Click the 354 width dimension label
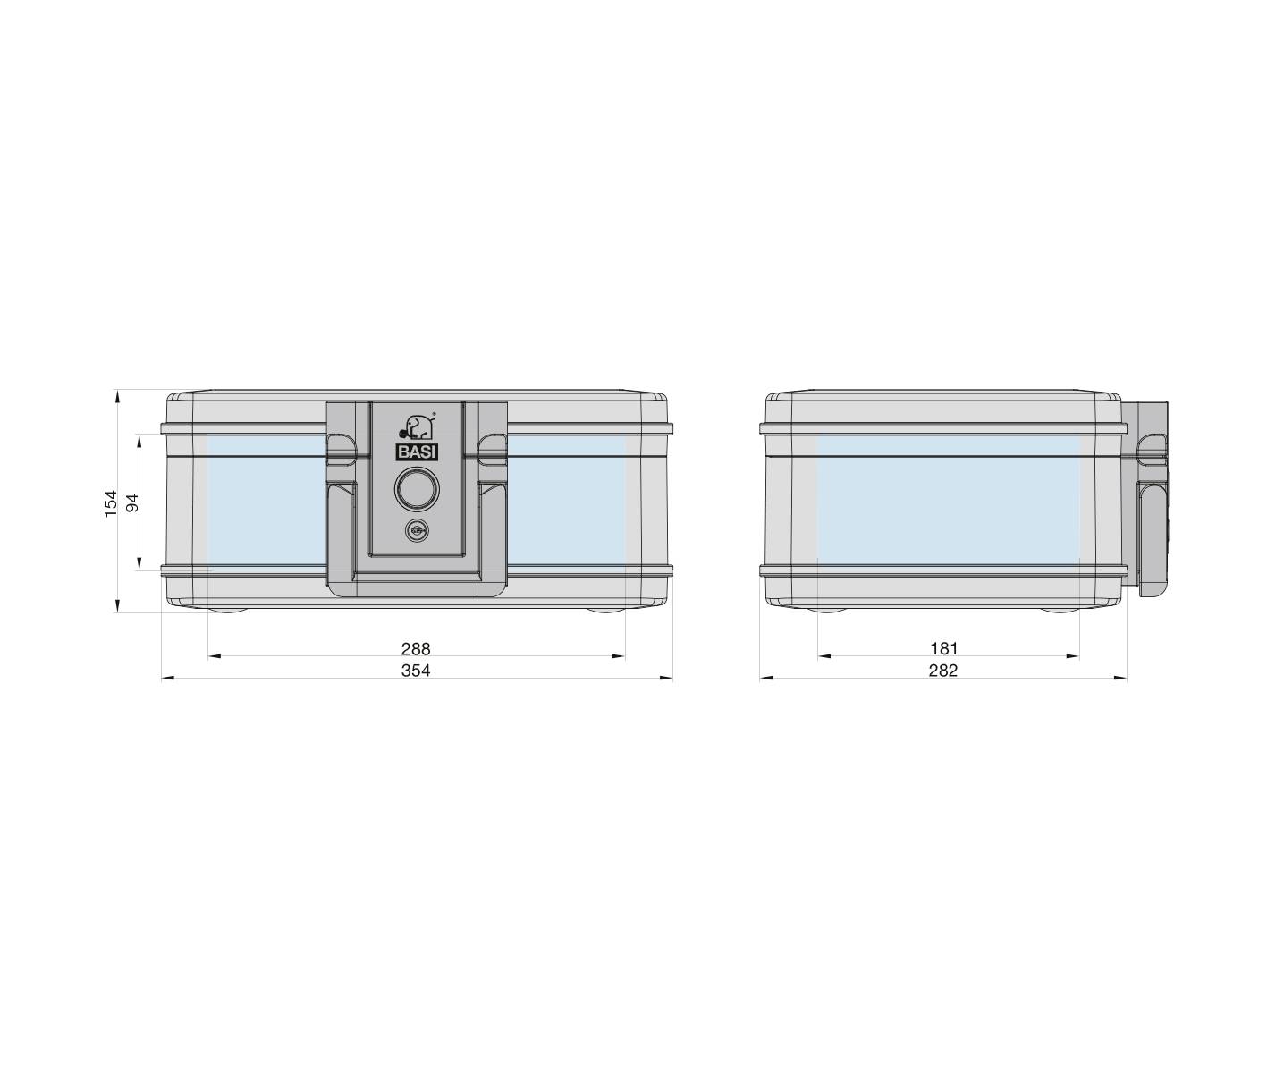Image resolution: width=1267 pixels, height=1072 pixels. click(x=415, y=670)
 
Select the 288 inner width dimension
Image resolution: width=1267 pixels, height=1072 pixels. click(x=415, y=648)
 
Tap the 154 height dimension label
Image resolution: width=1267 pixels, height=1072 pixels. click(x=111, y=502)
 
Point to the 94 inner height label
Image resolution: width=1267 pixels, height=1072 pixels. click(x=133, y=502)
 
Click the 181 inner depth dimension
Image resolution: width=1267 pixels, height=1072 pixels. click(x=943, y=648)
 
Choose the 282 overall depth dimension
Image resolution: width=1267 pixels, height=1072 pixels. click(x=943, y=670)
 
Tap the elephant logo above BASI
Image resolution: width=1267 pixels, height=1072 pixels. click(x=417, y=426)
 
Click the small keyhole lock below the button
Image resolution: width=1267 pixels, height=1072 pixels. click(x=416, y=530)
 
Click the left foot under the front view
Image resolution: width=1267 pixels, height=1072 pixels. click(x=228, y=612)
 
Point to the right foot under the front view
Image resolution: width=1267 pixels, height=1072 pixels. click(x=607, y=612)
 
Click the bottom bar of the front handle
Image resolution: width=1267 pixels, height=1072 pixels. click(x=417, y=587)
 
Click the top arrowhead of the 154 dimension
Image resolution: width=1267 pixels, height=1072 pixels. click(x=118, y=394)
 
